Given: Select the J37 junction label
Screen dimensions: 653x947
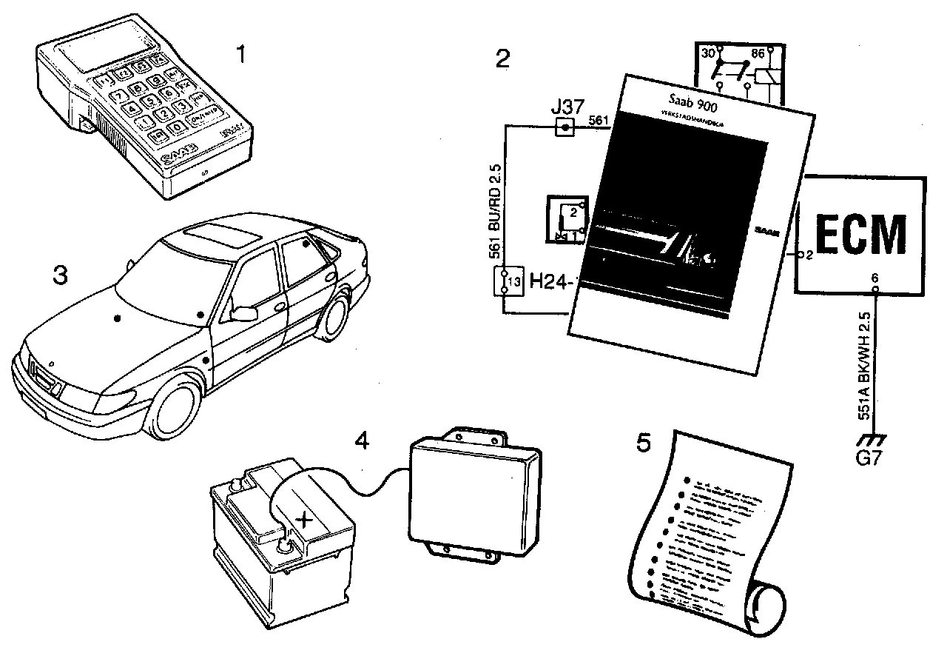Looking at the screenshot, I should click(x=565, y=109).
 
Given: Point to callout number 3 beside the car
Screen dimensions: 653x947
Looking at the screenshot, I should click(x=60, y=276).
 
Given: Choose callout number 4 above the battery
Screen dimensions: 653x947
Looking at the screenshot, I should click(x=361, y=441).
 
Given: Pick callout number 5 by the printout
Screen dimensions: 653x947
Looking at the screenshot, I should click(x=644, y=443).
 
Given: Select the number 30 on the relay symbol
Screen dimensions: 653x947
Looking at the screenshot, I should click(x=708, y=53).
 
